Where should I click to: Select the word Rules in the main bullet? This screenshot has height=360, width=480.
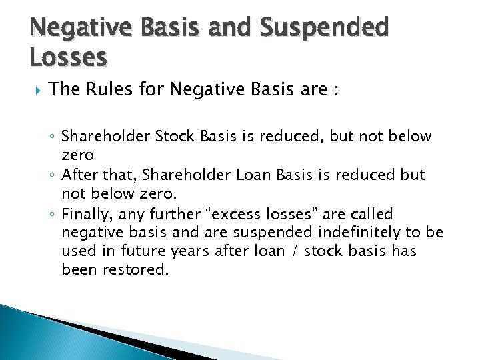(x=113, y=90)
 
